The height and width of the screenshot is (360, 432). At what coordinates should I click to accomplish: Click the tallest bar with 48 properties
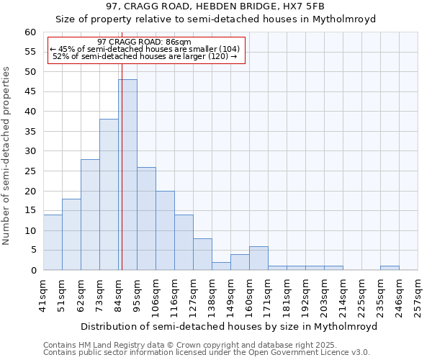pyautogui.click(x=127, y=175)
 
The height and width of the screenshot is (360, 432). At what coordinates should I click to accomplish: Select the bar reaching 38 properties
pyautogui.click(x=109, y=194)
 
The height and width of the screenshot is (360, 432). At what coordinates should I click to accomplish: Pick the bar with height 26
pyautogui.click(x=146, y=219)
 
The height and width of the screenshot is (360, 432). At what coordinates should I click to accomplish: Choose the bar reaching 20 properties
pyautogui.click(x=165, y=230)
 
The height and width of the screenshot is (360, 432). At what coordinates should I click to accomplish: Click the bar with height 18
pyautogui.click(x=71, y=235)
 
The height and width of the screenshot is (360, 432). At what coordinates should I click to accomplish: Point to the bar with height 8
pyautogui.click(x=202, y=254)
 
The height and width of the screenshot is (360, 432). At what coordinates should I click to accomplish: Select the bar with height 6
pyautogui.click(x=258, y=258)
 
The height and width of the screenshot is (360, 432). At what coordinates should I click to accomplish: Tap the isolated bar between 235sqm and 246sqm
pyautogui.click(x=390, y=268)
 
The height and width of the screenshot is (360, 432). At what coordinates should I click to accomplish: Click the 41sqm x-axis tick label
pyautogui.click(x=44, y=294)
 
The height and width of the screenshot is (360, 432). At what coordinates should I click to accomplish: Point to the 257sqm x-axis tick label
pyautogui.click(x=418, y=294)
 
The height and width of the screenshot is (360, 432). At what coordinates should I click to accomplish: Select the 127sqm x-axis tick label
pyautogui.click(x=194, y=294)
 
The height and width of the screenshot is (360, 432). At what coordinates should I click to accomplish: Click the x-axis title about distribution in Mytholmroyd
pyautogui.click(x=229, y=326)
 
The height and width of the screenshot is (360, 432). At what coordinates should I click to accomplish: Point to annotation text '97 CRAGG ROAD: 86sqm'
pyautogui.click(x=144, y=42)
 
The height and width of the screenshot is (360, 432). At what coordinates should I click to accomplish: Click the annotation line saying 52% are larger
pyautogui.click(x=145, y=57)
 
